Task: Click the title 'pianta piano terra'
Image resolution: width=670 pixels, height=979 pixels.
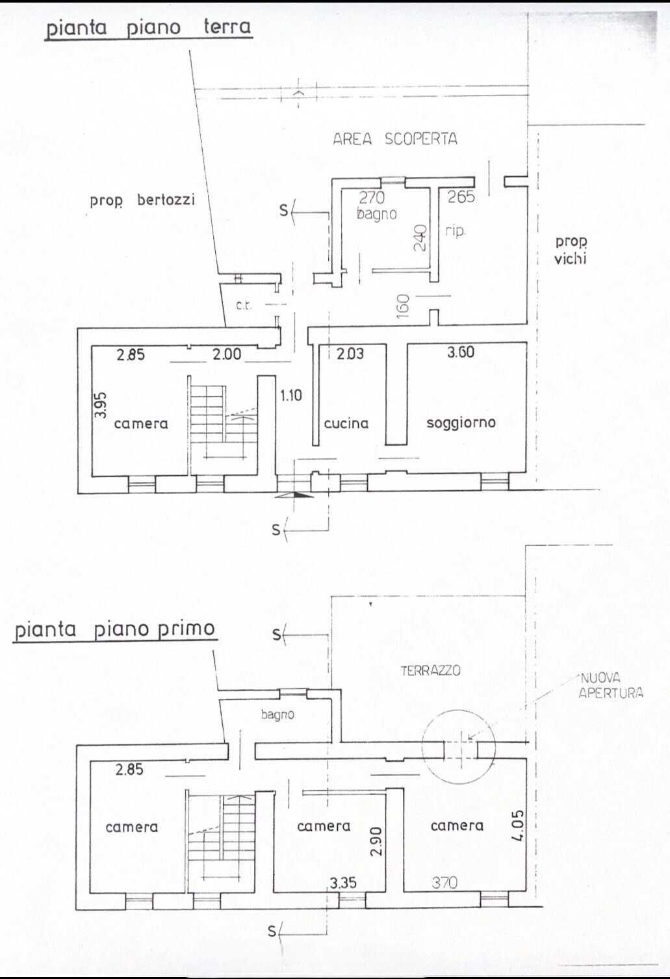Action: (x=149, y=28)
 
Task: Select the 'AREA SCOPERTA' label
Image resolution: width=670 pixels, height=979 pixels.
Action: (x=395, y=139)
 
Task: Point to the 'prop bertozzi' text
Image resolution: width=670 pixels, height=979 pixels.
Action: (x=142, y=201)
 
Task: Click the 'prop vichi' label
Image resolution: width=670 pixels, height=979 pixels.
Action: (x=571, y=250)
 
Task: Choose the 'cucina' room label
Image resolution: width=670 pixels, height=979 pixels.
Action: (x=346, y=423)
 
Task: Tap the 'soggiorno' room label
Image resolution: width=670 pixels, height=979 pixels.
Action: (x=461, y=423)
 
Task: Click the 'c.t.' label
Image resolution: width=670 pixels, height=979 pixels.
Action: (x=244, y=306)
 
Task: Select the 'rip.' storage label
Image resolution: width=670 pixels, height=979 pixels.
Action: (x=455, y=231)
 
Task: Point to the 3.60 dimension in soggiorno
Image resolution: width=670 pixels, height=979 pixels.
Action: (x=461, y=352)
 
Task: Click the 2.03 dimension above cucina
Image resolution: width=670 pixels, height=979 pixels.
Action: (x=350, y=353)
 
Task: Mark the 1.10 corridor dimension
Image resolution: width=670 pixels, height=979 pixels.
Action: (x=291, y=395)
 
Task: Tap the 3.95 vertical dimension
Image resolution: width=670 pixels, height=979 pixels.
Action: (x=101, y=404)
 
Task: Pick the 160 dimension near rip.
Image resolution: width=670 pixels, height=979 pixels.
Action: (x=404, y=306)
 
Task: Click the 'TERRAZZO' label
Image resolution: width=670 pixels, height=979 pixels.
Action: (x=430, y=670)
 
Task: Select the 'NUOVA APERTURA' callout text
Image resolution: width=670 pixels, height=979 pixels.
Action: (x=611, y=685)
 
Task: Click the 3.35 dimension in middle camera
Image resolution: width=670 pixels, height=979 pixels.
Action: (x=343, y=883)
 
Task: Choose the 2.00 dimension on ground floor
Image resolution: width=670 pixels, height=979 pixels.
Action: (x=227, y=354)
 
